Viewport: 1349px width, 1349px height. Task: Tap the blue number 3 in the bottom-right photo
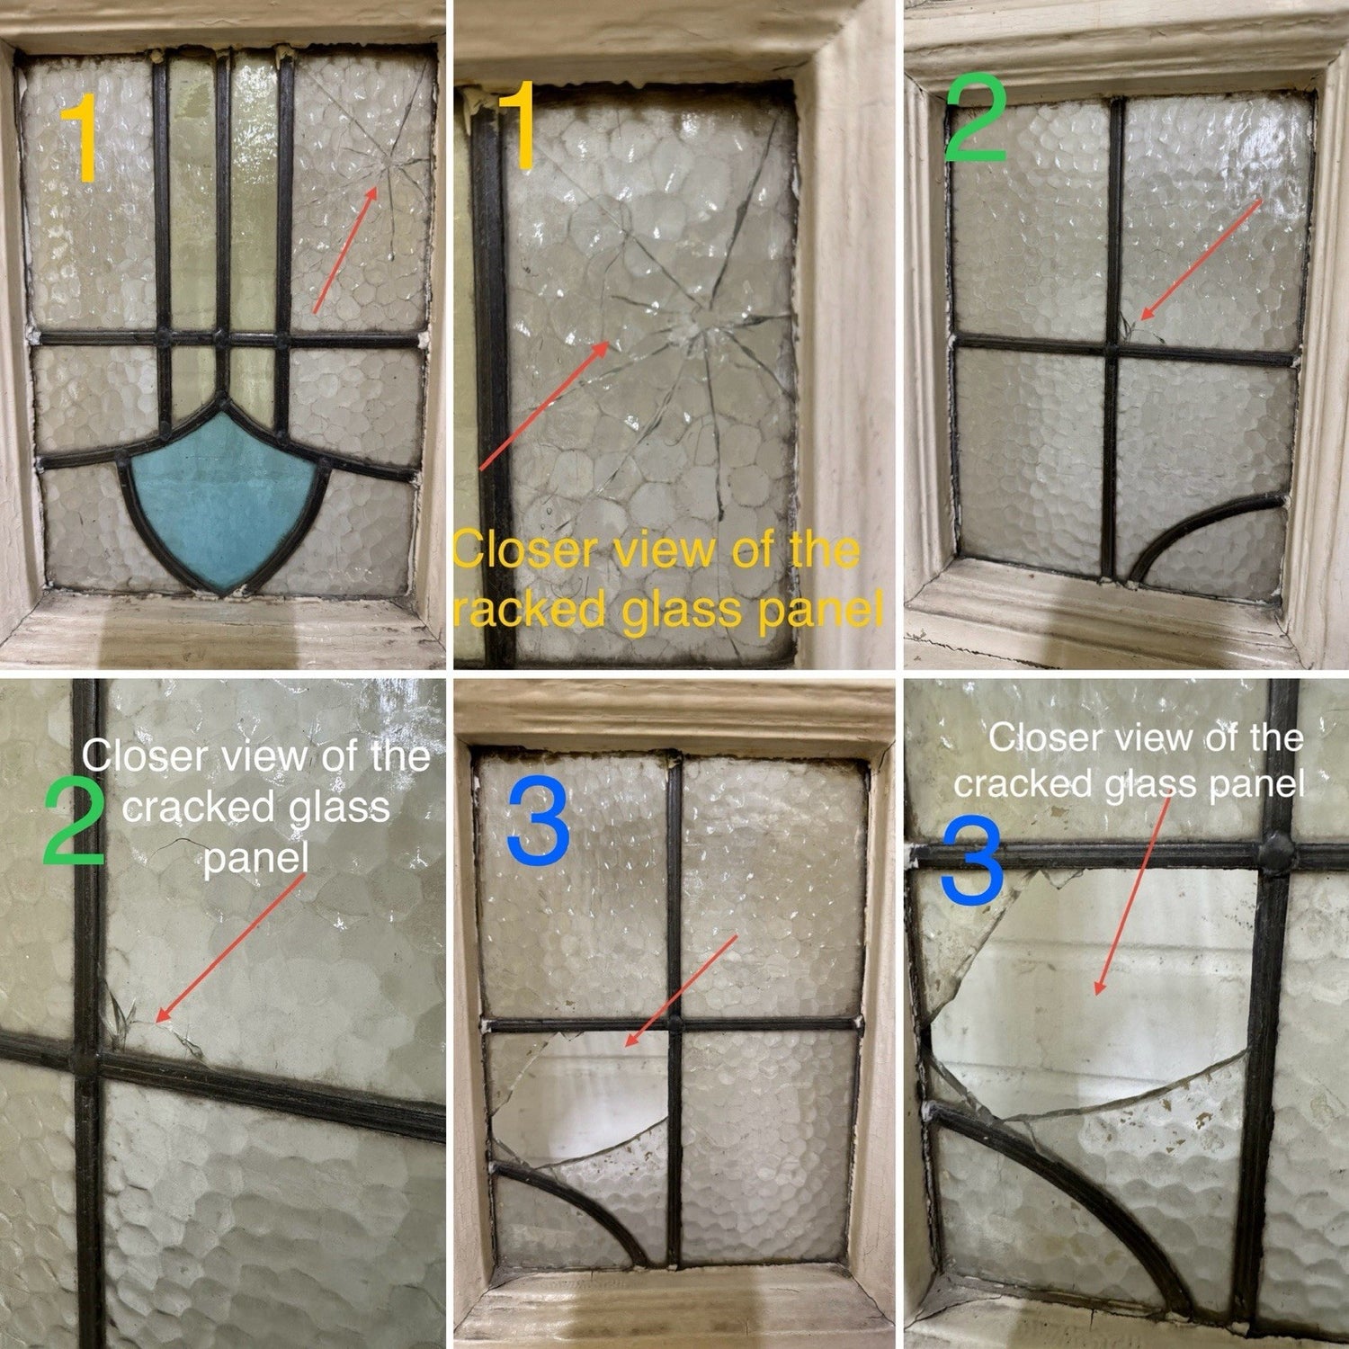(x=971, y=862)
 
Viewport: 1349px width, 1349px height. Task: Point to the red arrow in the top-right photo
(x=1202, y=261)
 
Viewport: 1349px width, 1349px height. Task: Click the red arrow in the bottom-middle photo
(x=681, y=991)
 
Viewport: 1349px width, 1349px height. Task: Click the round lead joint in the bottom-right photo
(x=1275, y=846)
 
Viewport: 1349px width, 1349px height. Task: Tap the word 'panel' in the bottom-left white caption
(x=255, y=858)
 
